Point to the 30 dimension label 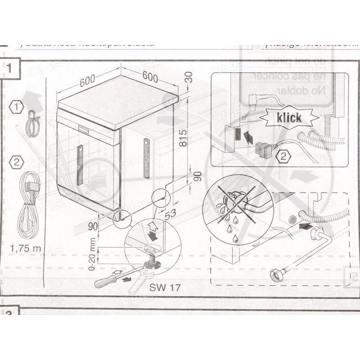189,77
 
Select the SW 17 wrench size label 165,288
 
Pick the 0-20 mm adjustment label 92,257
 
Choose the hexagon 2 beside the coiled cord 17,162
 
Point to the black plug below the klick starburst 263,150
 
